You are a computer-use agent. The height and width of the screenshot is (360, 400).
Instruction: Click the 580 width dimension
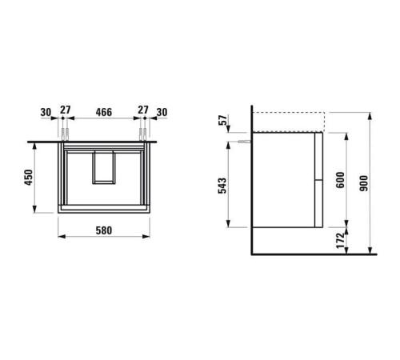[x=104, y=230]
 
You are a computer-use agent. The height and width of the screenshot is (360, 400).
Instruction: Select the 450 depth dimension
[x=28, y=177]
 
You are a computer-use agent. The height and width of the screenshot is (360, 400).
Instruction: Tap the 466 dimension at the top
[x=104, y=112]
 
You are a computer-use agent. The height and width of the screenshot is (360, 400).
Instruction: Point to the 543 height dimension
[x=222, y=186]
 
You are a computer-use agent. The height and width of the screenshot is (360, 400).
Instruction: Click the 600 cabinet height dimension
[x=340, y=180]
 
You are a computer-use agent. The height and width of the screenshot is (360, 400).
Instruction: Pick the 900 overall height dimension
[x=363, y=183]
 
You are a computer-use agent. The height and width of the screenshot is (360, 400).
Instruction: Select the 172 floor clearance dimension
[x=341, y=240]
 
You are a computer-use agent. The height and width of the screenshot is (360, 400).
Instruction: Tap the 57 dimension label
[x=223, y=120]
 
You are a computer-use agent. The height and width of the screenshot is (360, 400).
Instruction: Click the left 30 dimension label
[x=46, y=112]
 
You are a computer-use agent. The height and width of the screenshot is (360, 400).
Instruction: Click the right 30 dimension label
[x=162, y=112]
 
